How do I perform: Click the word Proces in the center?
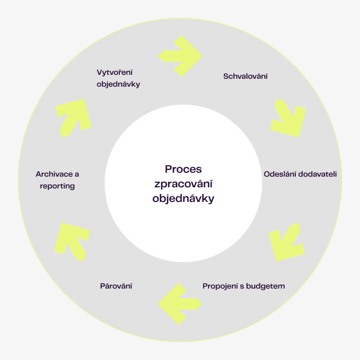[183, 169]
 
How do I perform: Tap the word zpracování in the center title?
[183, 184]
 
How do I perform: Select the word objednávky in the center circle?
[183, 198]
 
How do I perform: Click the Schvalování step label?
[245, 76]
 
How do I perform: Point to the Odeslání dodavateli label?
[300, 174]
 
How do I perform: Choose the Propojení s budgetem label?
[244, 286]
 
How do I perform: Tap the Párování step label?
[116, 286]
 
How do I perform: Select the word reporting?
[57, 186]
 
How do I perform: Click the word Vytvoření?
[115, 72]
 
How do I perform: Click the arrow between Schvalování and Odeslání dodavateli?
[289, 118]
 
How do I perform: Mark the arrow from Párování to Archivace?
[72, 240]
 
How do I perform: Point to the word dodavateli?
[316, 174]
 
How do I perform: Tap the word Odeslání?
[279, 174]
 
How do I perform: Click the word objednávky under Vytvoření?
[118, 84]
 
